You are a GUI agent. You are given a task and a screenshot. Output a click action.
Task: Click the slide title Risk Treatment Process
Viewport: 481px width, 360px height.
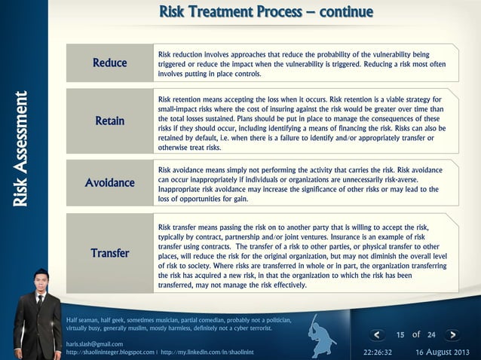coord(266,13)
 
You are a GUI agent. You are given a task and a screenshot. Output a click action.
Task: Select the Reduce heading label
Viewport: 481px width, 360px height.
coord(110,63)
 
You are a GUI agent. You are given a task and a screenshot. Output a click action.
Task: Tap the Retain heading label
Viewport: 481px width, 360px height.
coord(110,121)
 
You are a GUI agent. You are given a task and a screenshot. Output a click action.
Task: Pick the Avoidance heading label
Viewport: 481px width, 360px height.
coord(110,183)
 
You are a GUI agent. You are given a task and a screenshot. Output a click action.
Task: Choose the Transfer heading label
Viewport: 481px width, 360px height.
coord(110,252)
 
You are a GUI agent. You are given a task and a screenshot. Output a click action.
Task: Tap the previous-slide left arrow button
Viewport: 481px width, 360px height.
coord(380,335)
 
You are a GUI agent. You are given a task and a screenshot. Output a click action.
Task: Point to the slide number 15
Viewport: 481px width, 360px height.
coord(401,335)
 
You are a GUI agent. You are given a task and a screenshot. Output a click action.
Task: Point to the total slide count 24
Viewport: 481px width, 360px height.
coord(431,335)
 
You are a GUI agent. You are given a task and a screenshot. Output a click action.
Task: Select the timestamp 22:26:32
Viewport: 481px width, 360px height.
coord(378,352)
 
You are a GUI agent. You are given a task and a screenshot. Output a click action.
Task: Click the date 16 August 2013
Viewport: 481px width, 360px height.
coord(442,352)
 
